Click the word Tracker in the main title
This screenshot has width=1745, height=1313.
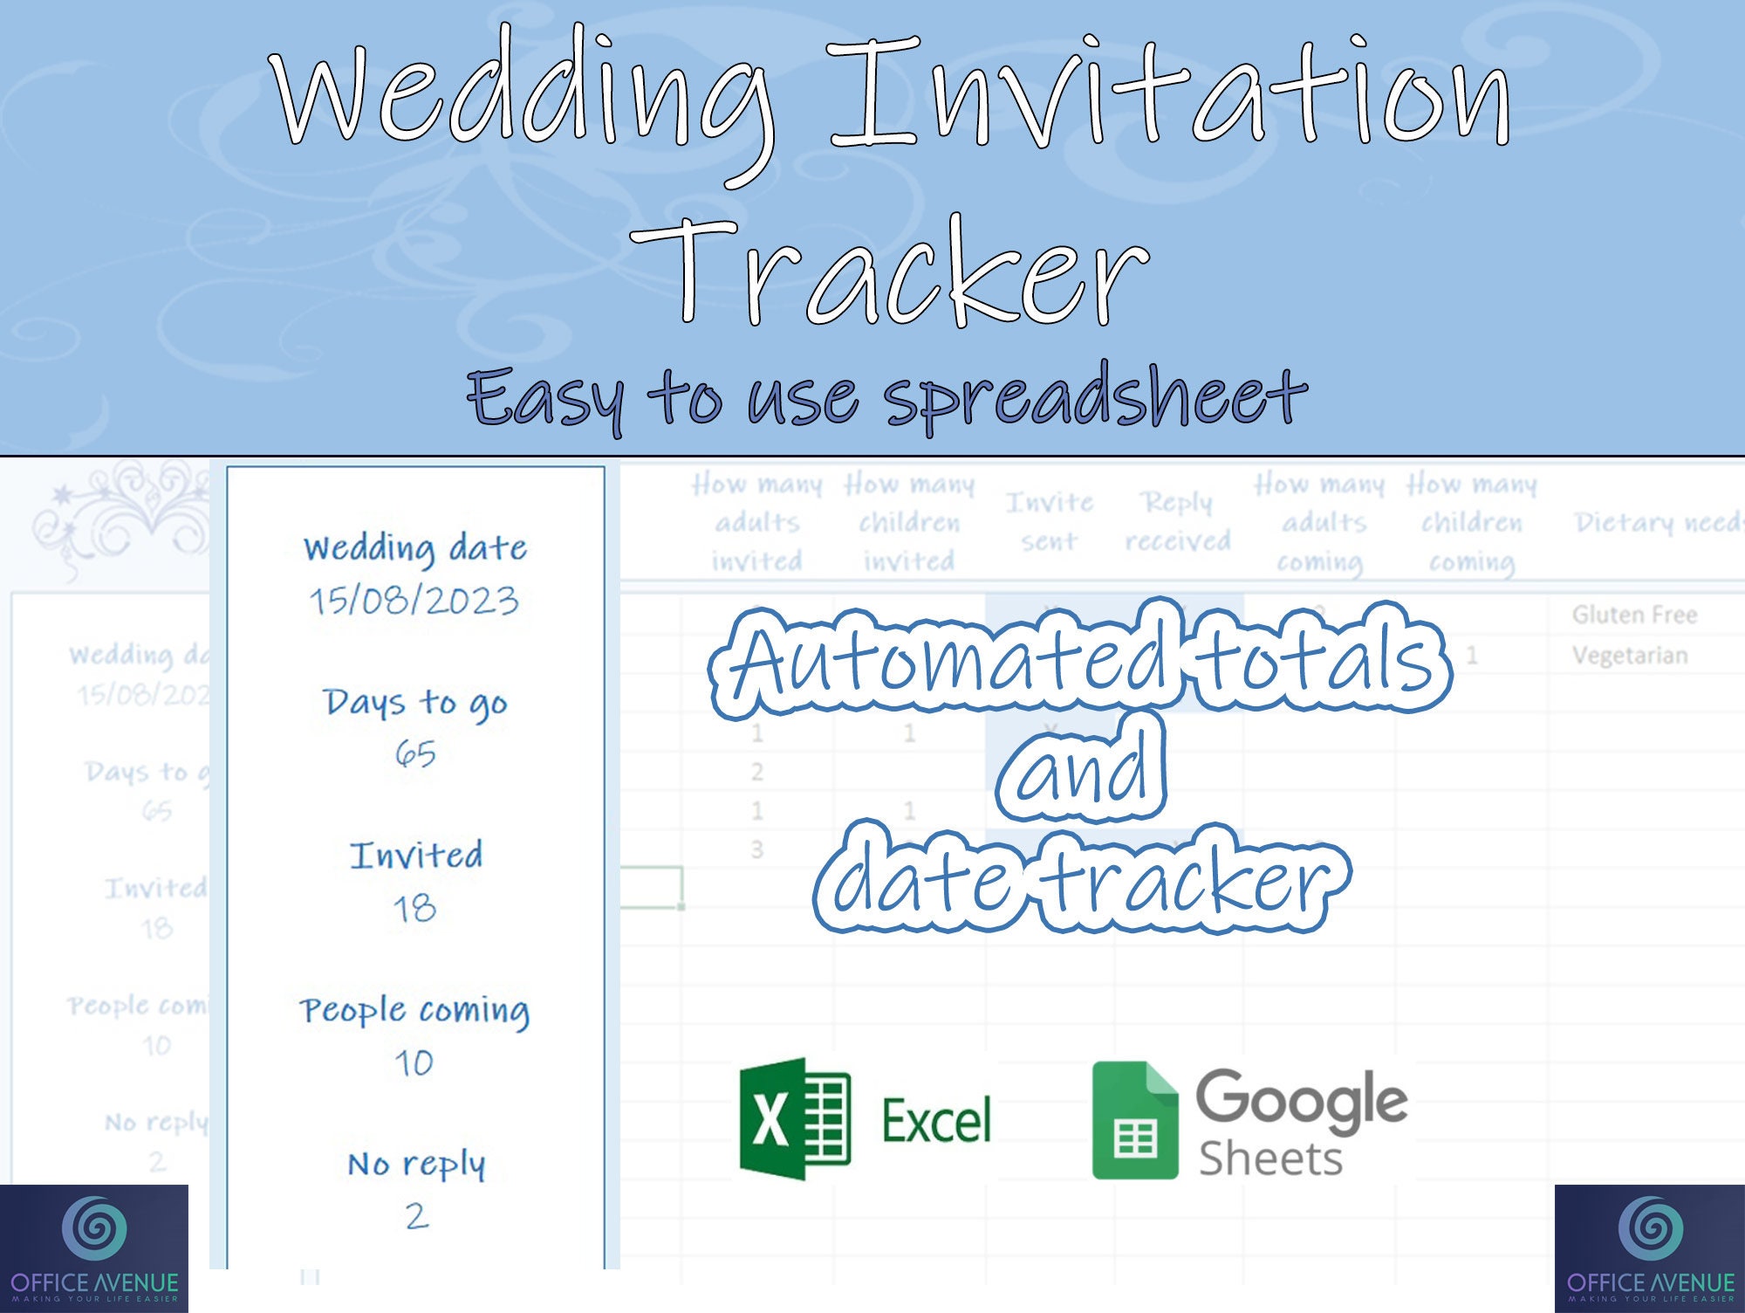(x=890, y=272)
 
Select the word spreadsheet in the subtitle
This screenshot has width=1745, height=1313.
(x=1095, y=397)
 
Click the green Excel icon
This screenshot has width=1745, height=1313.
(x=795, y=1119)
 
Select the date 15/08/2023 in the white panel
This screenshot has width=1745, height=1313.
(x=414, y=601)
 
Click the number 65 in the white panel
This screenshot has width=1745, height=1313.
(x=414, y=753)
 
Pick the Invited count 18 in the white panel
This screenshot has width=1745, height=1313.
(x=414, y=909)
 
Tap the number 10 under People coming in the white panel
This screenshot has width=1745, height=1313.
(x=414, y=1062)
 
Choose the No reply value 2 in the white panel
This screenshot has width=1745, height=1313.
(x=416, y=1216)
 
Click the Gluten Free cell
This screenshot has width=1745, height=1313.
(x=1634, y=615)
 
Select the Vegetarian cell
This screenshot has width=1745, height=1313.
(x=1630, y=655)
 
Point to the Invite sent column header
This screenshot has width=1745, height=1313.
(x=1049, y=522)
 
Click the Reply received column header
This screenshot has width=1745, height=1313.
(x=1177, y=522)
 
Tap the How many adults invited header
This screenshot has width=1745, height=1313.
(x=756, y=522)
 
